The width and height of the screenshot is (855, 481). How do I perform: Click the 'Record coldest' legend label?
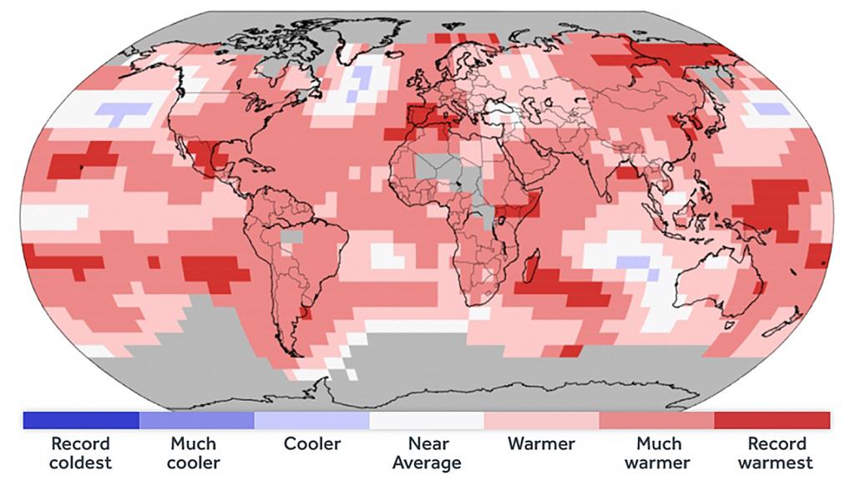[x=80, y=453]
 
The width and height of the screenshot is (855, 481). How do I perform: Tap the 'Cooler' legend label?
[x=311, y=443]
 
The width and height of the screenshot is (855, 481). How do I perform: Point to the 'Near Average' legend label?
[x=427, y=453]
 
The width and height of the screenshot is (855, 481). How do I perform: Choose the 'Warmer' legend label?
[x=540, y=443]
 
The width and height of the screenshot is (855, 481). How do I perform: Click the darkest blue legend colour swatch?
[x=80, y=419]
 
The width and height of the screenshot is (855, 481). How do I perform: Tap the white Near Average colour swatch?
[x=427, y=419]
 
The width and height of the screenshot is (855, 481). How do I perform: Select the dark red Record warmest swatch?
[x=772, y=419]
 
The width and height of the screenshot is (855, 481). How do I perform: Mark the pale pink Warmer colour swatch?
[x=541, y=419]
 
